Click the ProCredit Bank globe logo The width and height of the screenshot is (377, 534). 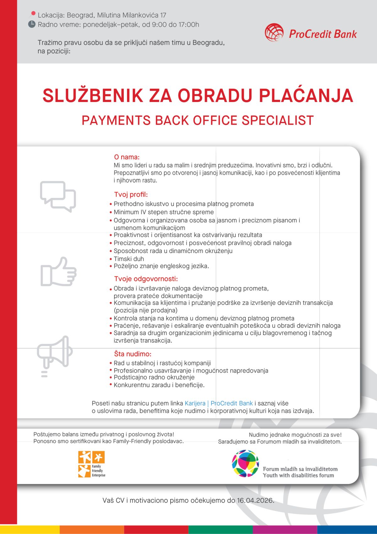coord(274,32)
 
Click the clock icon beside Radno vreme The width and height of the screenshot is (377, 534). coord(32,24)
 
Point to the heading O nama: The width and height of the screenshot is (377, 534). coord(127,157)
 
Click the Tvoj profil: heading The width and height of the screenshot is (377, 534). coord(131,194)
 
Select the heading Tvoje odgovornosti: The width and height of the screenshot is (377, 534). coord(146,279)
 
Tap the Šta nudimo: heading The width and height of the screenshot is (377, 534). coord(133,354)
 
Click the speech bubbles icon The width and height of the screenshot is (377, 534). coord(58,196)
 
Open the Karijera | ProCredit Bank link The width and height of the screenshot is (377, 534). coord(219,403)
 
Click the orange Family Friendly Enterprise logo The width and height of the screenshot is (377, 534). coord(91,464)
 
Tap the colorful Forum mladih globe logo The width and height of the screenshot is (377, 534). coord(245,464)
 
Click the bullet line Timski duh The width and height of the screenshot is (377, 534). coord(129,259)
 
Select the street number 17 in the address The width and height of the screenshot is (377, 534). coord(163,15)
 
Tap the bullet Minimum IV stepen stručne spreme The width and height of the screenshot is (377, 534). coord(163,212)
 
